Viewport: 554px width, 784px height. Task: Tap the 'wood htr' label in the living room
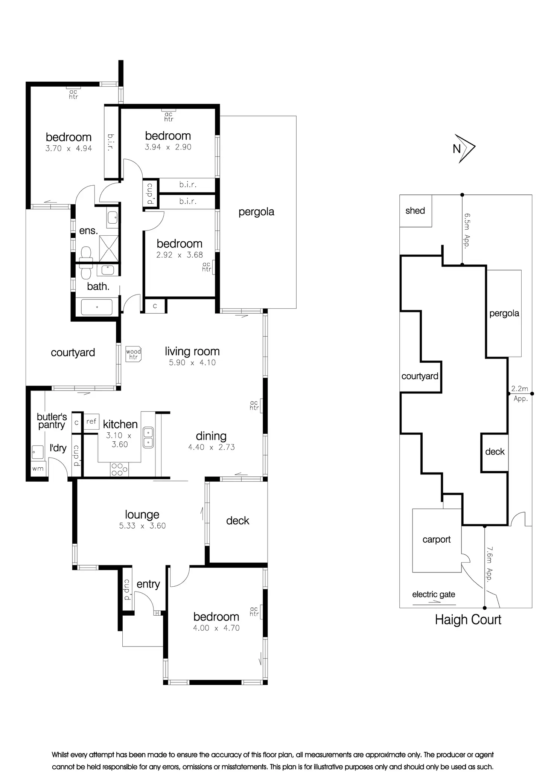tap(133, 354)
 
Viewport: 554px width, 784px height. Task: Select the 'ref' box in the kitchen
tap(91, 421)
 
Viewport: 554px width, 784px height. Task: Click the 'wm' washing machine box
tap(38, 469)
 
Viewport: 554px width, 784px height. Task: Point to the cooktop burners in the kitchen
tap(119, 470)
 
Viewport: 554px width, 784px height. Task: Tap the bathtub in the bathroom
tap(97, 307)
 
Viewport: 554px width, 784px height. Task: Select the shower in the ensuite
tap(109, 249)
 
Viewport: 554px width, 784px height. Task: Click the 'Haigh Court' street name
tap(468, 620)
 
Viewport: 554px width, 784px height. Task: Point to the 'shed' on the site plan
tap(415, 211)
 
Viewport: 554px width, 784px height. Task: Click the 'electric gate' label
tap(434, 595)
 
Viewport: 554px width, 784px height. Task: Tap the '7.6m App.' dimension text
tap(489, 564)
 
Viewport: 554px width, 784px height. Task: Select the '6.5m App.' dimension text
tap(467, 230)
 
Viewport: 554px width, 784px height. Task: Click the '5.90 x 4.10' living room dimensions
tap(192, 363)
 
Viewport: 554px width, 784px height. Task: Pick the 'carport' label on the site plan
tap(437, 540)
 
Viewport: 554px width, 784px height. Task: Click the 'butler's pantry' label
tap(52, 421)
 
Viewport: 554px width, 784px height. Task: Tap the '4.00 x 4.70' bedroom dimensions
tap(216, 628)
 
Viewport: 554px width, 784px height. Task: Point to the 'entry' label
tap(148, 584)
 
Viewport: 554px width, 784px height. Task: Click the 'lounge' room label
tap(142, 514)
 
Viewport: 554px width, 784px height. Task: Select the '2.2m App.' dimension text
tap(520, 393)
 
